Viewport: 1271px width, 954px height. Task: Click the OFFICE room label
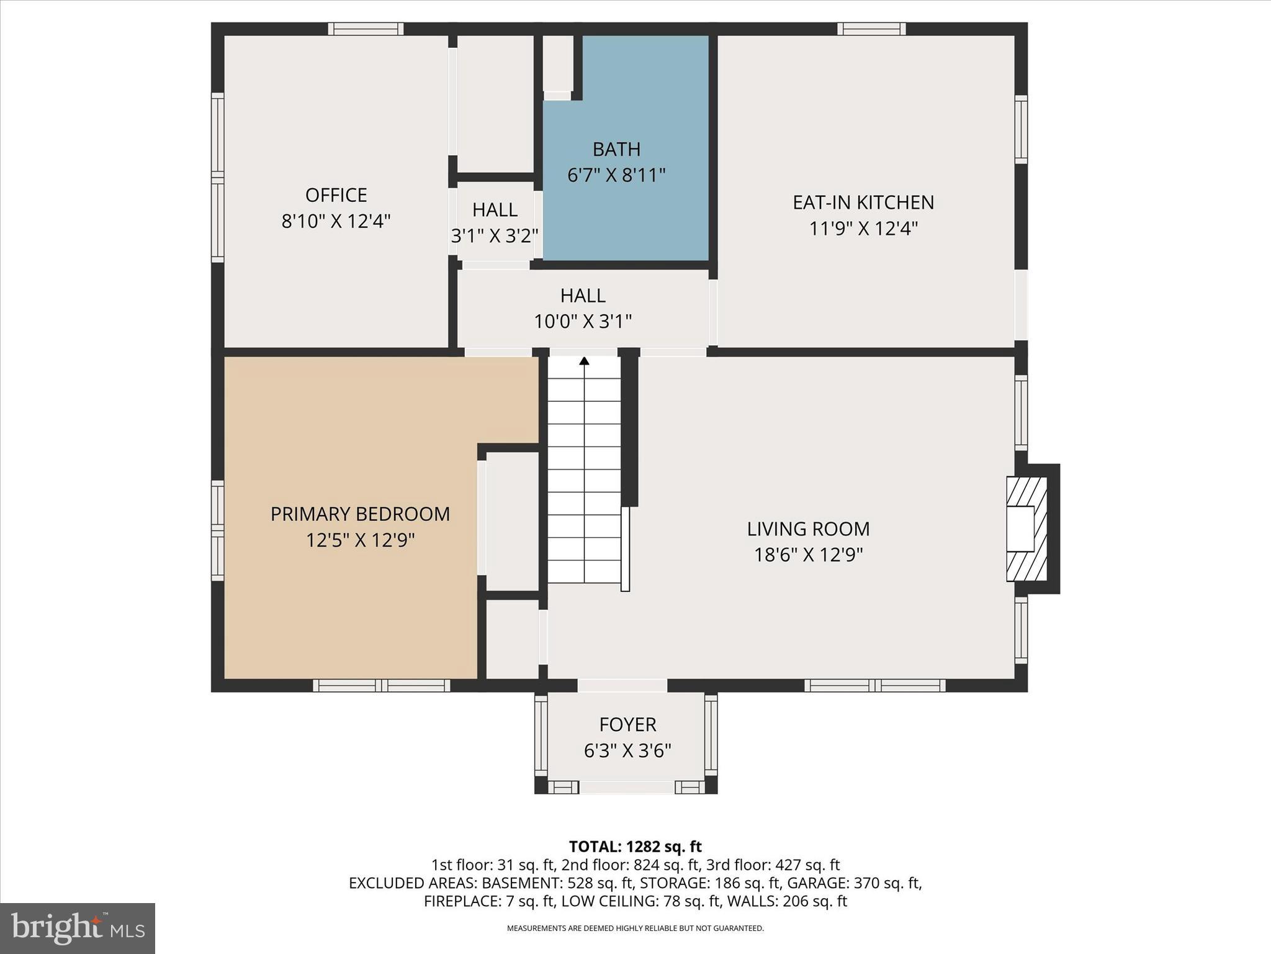click(x=336, y=195)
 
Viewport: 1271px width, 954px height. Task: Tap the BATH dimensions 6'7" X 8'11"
click(x=616, y=176)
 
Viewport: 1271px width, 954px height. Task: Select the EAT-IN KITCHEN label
click(x=863, y=202)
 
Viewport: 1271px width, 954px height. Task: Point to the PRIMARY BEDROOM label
click(x=360, y=514)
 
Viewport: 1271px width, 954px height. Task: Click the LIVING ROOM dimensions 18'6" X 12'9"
click(x=808, y=555)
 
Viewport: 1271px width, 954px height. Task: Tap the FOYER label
click(x=627, y=725)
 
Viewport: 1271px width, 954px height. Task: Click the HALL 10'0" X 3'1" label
click(x=583, y=308)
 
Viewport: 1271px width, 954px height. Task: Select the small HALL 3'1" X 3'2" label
click(x=495, y=222)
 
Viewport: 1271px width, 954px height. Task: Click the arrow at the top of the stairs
click(x=584, y=361)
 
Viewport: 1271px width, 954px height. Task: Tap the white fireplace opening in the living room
click(x=1020, y=529)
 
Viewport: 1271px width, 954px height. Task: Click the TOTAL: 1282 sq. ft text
click(x=635, y=847)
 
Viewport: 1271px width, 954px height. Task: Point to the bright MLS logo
click(x=78, y=928)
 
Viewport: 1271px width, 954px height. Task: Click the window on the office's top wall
click(x=366, y=29)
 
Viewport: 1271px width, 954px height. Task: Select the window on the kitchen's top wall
click(x=871, y=29)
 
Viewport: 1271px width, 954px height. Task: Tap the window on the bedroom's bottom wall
click(x=381, y=686)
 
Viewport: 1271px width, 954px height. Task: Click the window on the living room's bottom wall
click(x=874, y=686)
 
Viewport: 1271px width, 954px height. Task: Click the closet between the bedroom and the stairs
click(x=512, y=520)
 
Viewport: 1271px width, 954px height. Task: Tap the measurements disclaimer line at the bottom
click(x=635, y=929)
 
